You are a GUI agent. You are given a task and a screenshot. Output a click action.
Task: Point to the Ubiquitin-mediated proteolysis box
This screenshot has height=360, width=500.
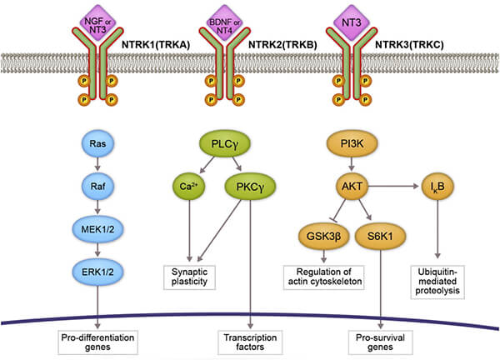click(440, 282)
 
